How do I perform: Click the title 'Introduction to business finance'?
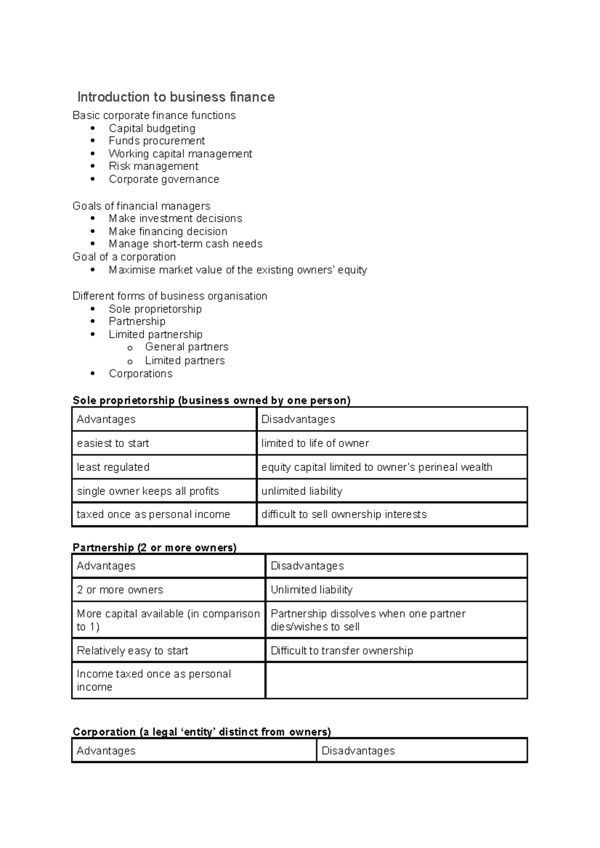[176, 97]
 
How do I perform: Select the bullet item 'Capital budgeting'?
[152, 128]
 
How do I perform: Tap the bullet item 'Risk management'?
[153, 166]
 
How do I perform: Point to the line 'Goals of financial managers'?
[141, 206]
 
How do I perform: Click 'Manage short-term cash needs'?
[185, 244]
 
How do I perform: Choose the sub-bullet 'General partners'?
[186, 347]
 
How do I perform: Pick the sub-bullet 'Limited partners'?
[184, 361]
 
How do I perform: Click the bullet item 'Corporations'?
[140, 374]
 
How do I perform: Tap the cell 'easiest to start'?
[113, 443]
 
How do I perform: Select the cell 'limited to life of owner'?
[315, 443]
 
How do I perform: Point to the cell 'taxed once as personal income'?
[153, 514]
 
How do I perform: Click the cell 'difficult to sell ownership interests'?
[344, 514]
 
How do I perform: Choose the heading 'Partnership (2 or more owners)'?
[154, 547]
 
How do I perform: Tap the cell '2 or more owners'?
[120, 590]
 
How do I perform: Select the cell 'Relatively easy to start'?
[132, 651]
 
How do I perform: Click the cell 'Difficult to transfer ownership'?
[342, 651]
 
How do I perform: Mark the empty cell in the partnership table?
[396, 680]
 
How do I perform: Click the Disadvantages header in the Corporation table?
[358, 751]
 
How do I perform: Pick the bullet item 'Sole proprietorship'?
[155, 309]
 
